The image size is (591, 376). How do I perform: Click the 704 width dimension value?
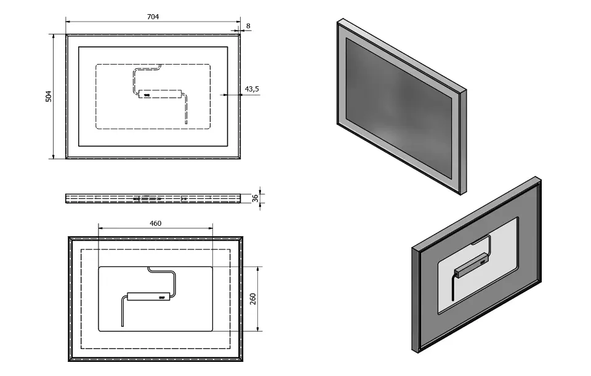click(153, 17)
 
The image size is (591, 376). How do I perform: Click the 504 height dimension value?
click(49, 96)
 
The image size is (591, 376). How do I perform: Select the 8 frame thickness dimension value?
click(248, 25)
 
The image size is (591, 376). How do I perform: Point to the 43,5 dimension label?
click(252, 89)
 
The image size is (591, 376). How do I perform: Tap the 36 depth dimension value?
click(254, 198)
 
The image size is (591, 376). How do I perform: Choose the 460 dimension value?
click(155, 223)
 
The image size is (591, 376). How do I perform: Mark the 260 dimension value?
click(253, 298)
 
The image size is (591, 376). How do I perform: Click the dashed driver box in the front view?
click(159, 95)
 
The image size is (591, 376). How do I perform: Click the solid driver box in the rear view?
click(148, 296)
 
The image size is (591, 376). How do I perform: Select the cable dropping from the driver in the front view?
click(185, 111)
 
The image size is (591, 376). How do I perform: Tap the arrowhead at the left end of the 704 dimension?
click(68, 22)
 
